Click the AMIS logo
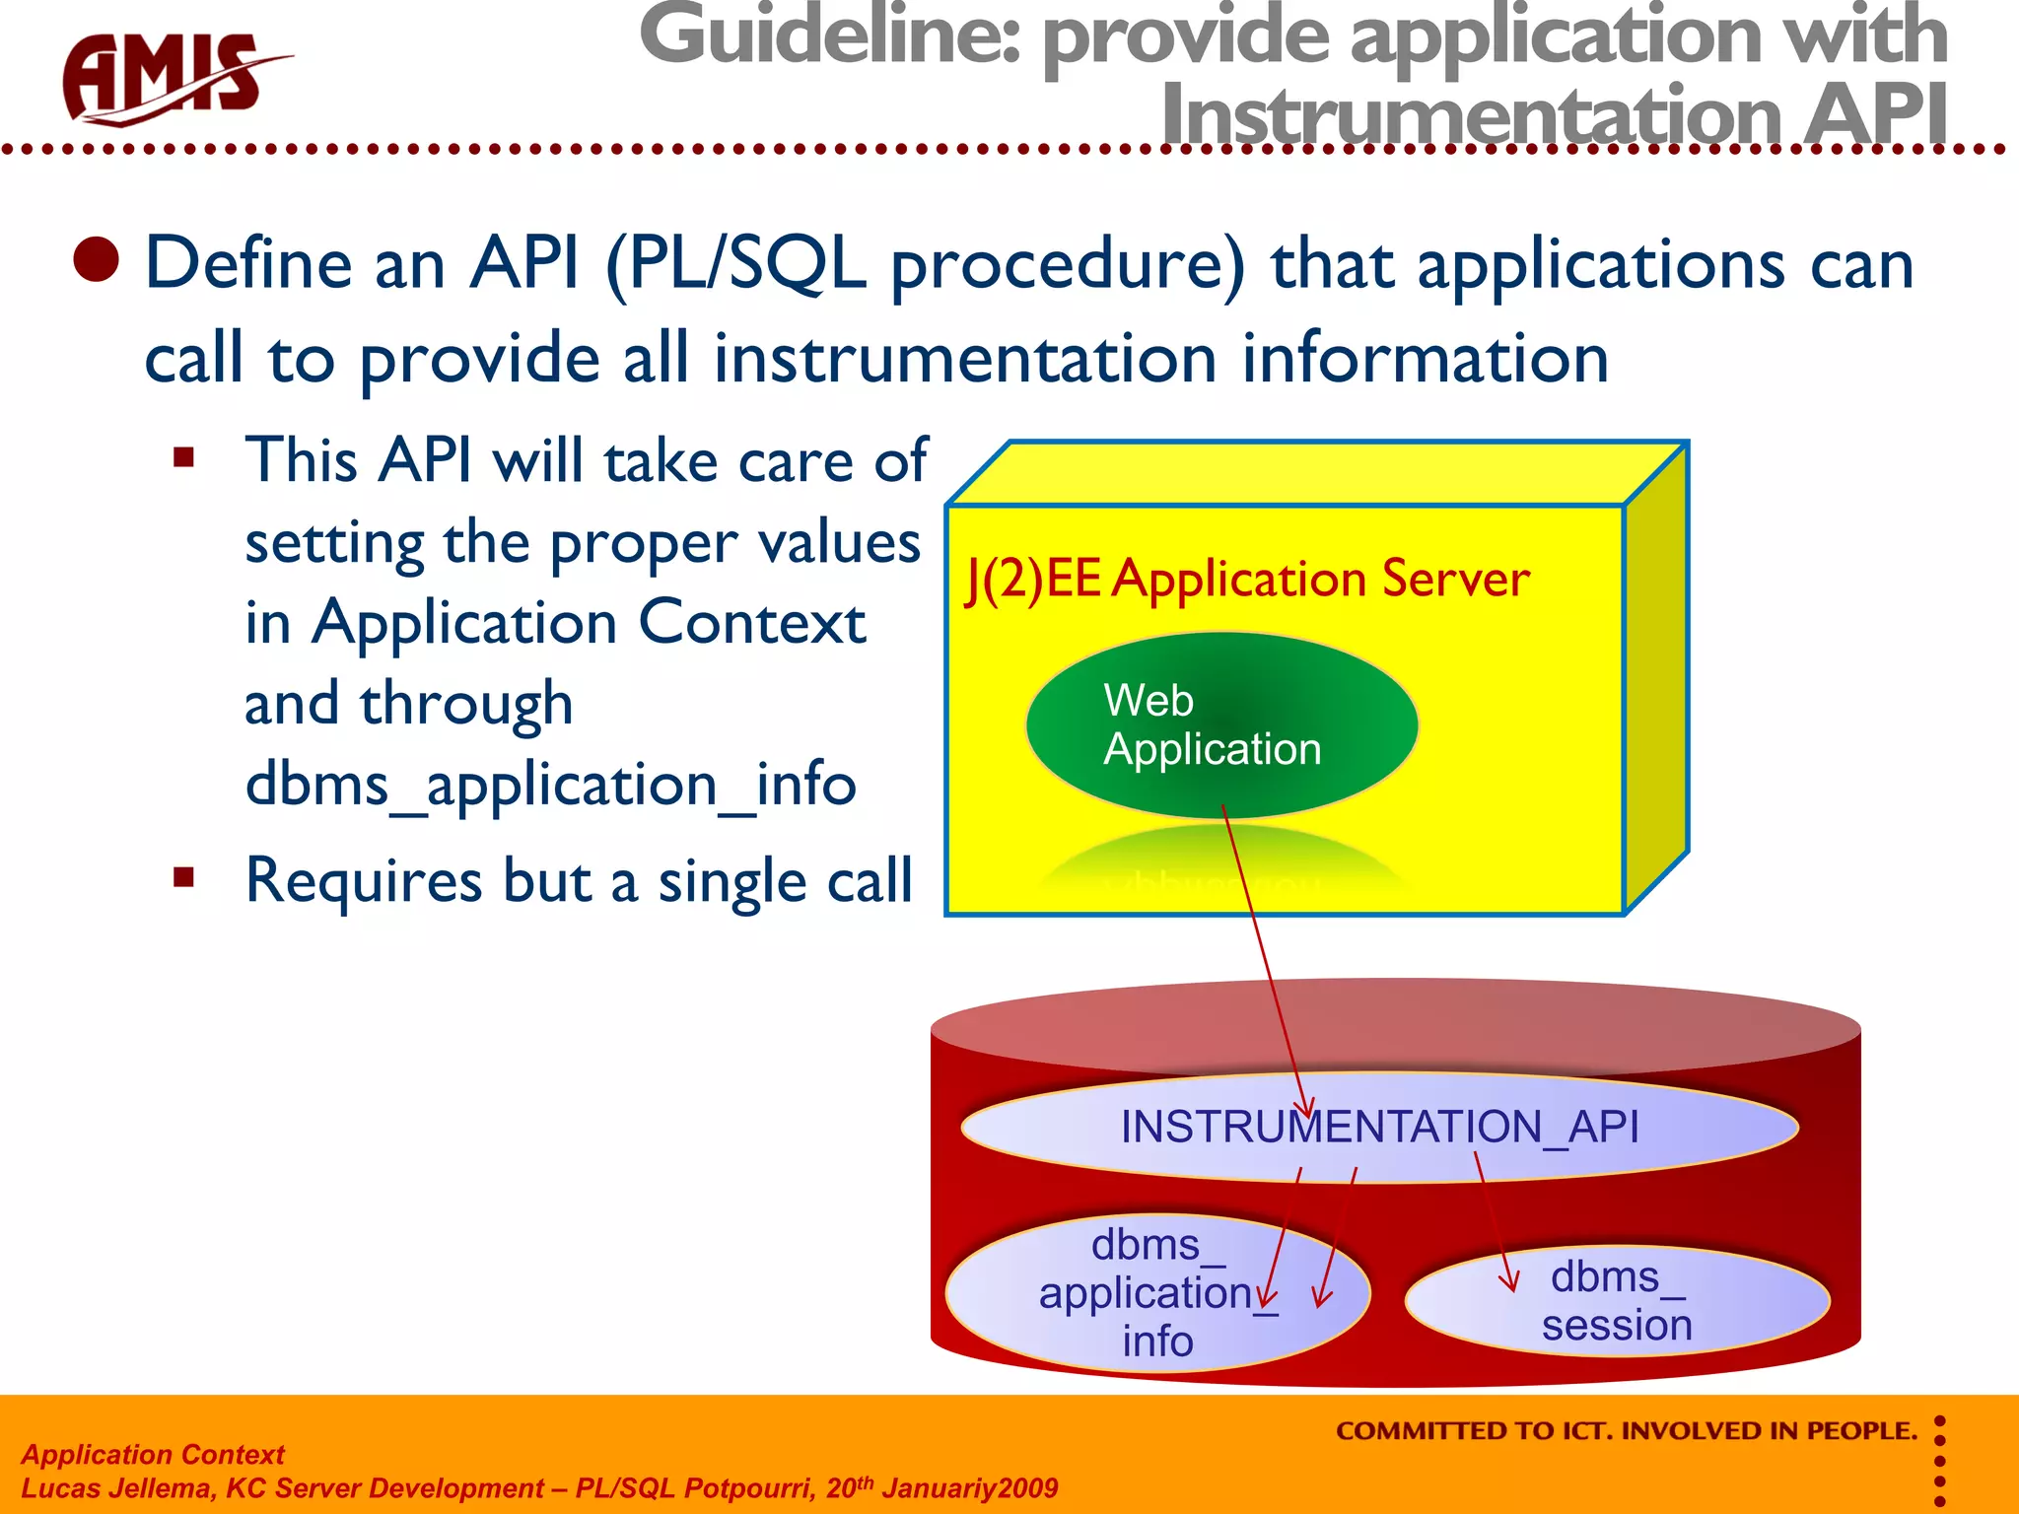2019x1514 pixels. pos(168,79)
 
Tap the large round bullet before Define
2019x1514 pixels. pos(97,260)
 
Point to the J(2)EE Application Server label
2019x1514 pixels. pos(1247,580)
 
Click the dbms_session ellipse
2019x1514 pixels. pos(1617,1301)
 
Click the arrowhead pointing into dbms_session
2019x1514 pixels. pos(1508,1281)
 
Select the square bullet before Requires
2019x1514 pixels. pos(183,876)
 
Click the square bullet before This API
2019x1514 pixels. pos(183,457)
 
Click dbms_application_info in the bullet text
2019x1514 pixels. pos(550,786)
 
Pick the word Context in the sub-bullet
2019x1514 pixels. pos(751,623)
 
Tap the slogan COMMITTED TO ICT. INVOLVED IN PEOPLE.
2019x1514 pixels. pos(1626,1431)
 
